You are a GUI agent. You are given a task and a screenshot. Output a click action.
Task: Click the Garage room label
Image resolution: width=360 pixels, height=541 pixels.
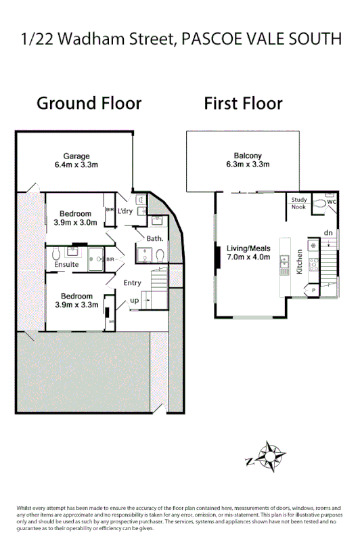(76, 156)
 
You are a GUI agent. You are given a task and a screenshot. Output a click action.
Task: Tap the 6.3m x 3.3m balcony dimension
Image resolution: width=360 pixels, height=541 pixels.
(248, 165)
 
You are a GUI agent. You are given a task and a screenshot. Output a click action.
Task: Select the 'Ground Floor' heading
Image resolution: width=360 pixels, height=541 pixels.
(89, 104)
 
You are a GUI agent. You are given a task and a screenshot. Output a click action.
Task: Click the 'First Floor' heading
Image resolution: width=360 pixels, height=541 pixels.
(243, 104)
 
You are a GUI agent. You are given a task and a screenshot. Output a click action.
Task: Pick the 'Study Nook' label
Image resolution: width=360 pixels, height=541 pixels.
(299, 203)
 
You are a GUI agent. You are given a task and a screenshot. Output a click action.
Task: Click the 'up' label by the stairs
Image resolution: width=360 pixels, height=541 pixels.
(135, 300)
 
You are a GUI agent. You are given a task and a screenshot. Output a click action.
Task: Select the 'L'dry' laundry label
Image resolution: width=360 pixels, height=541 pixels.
(125, 211)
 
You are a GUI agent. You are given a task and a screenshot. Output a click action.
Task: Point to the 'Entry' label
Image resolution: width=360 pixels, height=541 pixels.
(133, 283)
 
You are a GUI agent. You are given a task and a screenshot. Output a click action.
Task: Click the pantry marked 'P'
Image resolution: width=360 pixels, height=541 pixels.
(313, 290)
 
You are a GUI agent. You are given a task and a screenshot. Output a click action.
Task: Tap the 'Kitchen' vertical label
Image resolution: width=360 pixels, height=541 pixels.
(299, 261)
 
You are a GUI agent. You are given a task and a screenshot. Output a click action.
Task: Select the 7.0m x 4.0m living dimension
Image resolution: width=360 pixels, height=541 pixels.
(248, 257)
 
